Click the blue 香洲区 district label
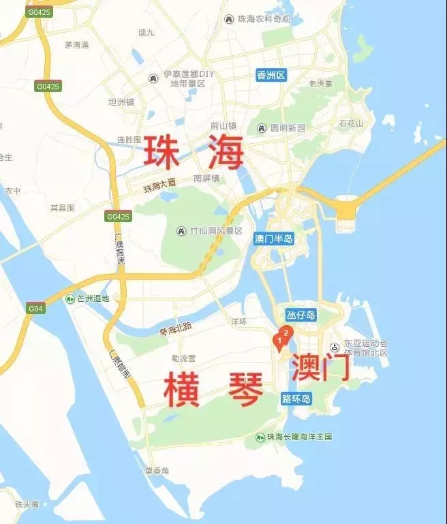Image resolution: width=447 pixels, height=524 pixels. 271,75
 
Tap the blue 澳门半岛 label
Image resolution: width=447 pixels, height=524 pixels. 273,238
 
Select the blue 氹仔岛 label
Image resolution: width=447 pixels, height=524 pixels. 300,315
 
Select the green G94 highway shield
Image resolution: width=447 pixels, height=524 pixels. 35,308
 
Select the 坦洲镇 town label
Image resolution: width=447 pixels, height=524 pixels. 121,102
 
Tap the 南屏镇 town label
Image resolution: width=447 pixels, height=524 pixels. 206,179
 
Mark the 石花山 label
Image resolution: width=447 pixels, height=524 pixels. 352,123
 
